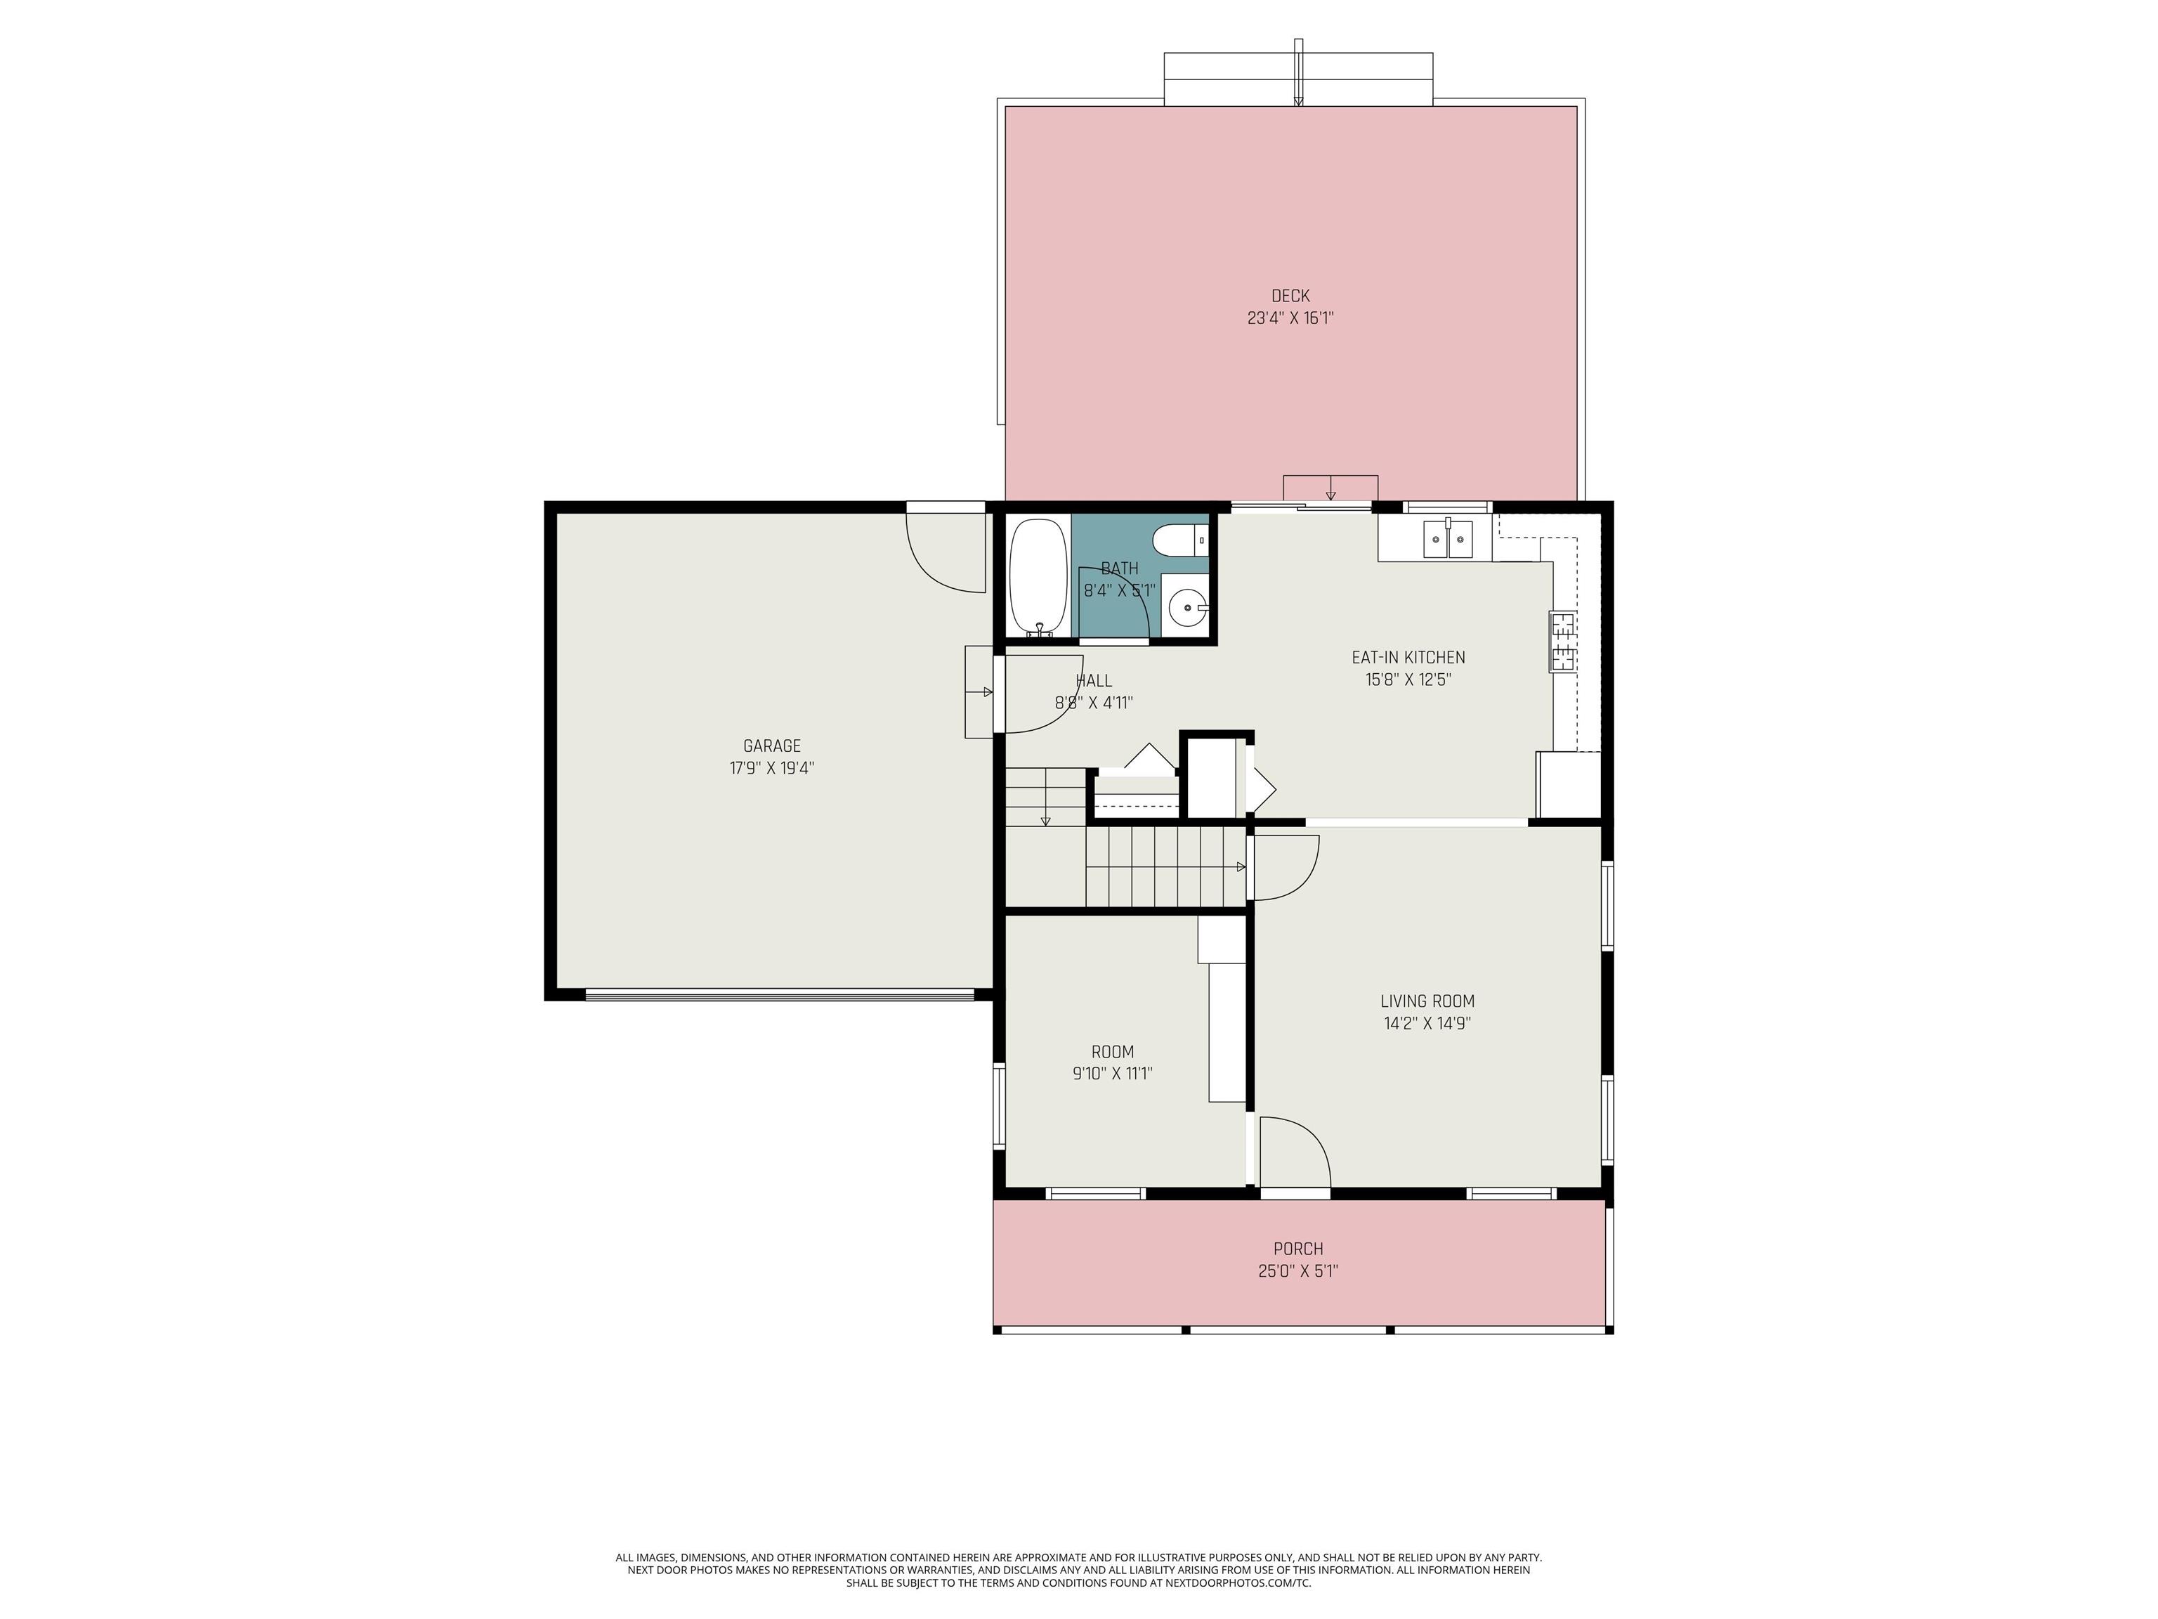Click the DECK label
click(x=1290, y=296)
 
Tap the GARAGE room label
click(x=772, y=746)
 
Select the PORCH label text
click(x=1297, y=1249)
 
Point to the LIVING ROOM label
click(x=1427, y=1001)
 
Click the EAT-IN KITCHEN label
click(x=1408, y=658)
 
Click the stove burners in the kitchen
click(x=1562, y=641)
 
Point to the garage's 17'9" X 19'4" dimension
click(x=772, y=769)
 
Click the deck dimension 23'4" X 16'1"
click(x=1290, y=318)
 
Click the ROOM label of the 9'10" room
click(x=1112, y=1052)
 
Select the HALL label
click(x=1094, y=681)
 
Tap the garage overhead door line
click(x=780, y=996)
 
